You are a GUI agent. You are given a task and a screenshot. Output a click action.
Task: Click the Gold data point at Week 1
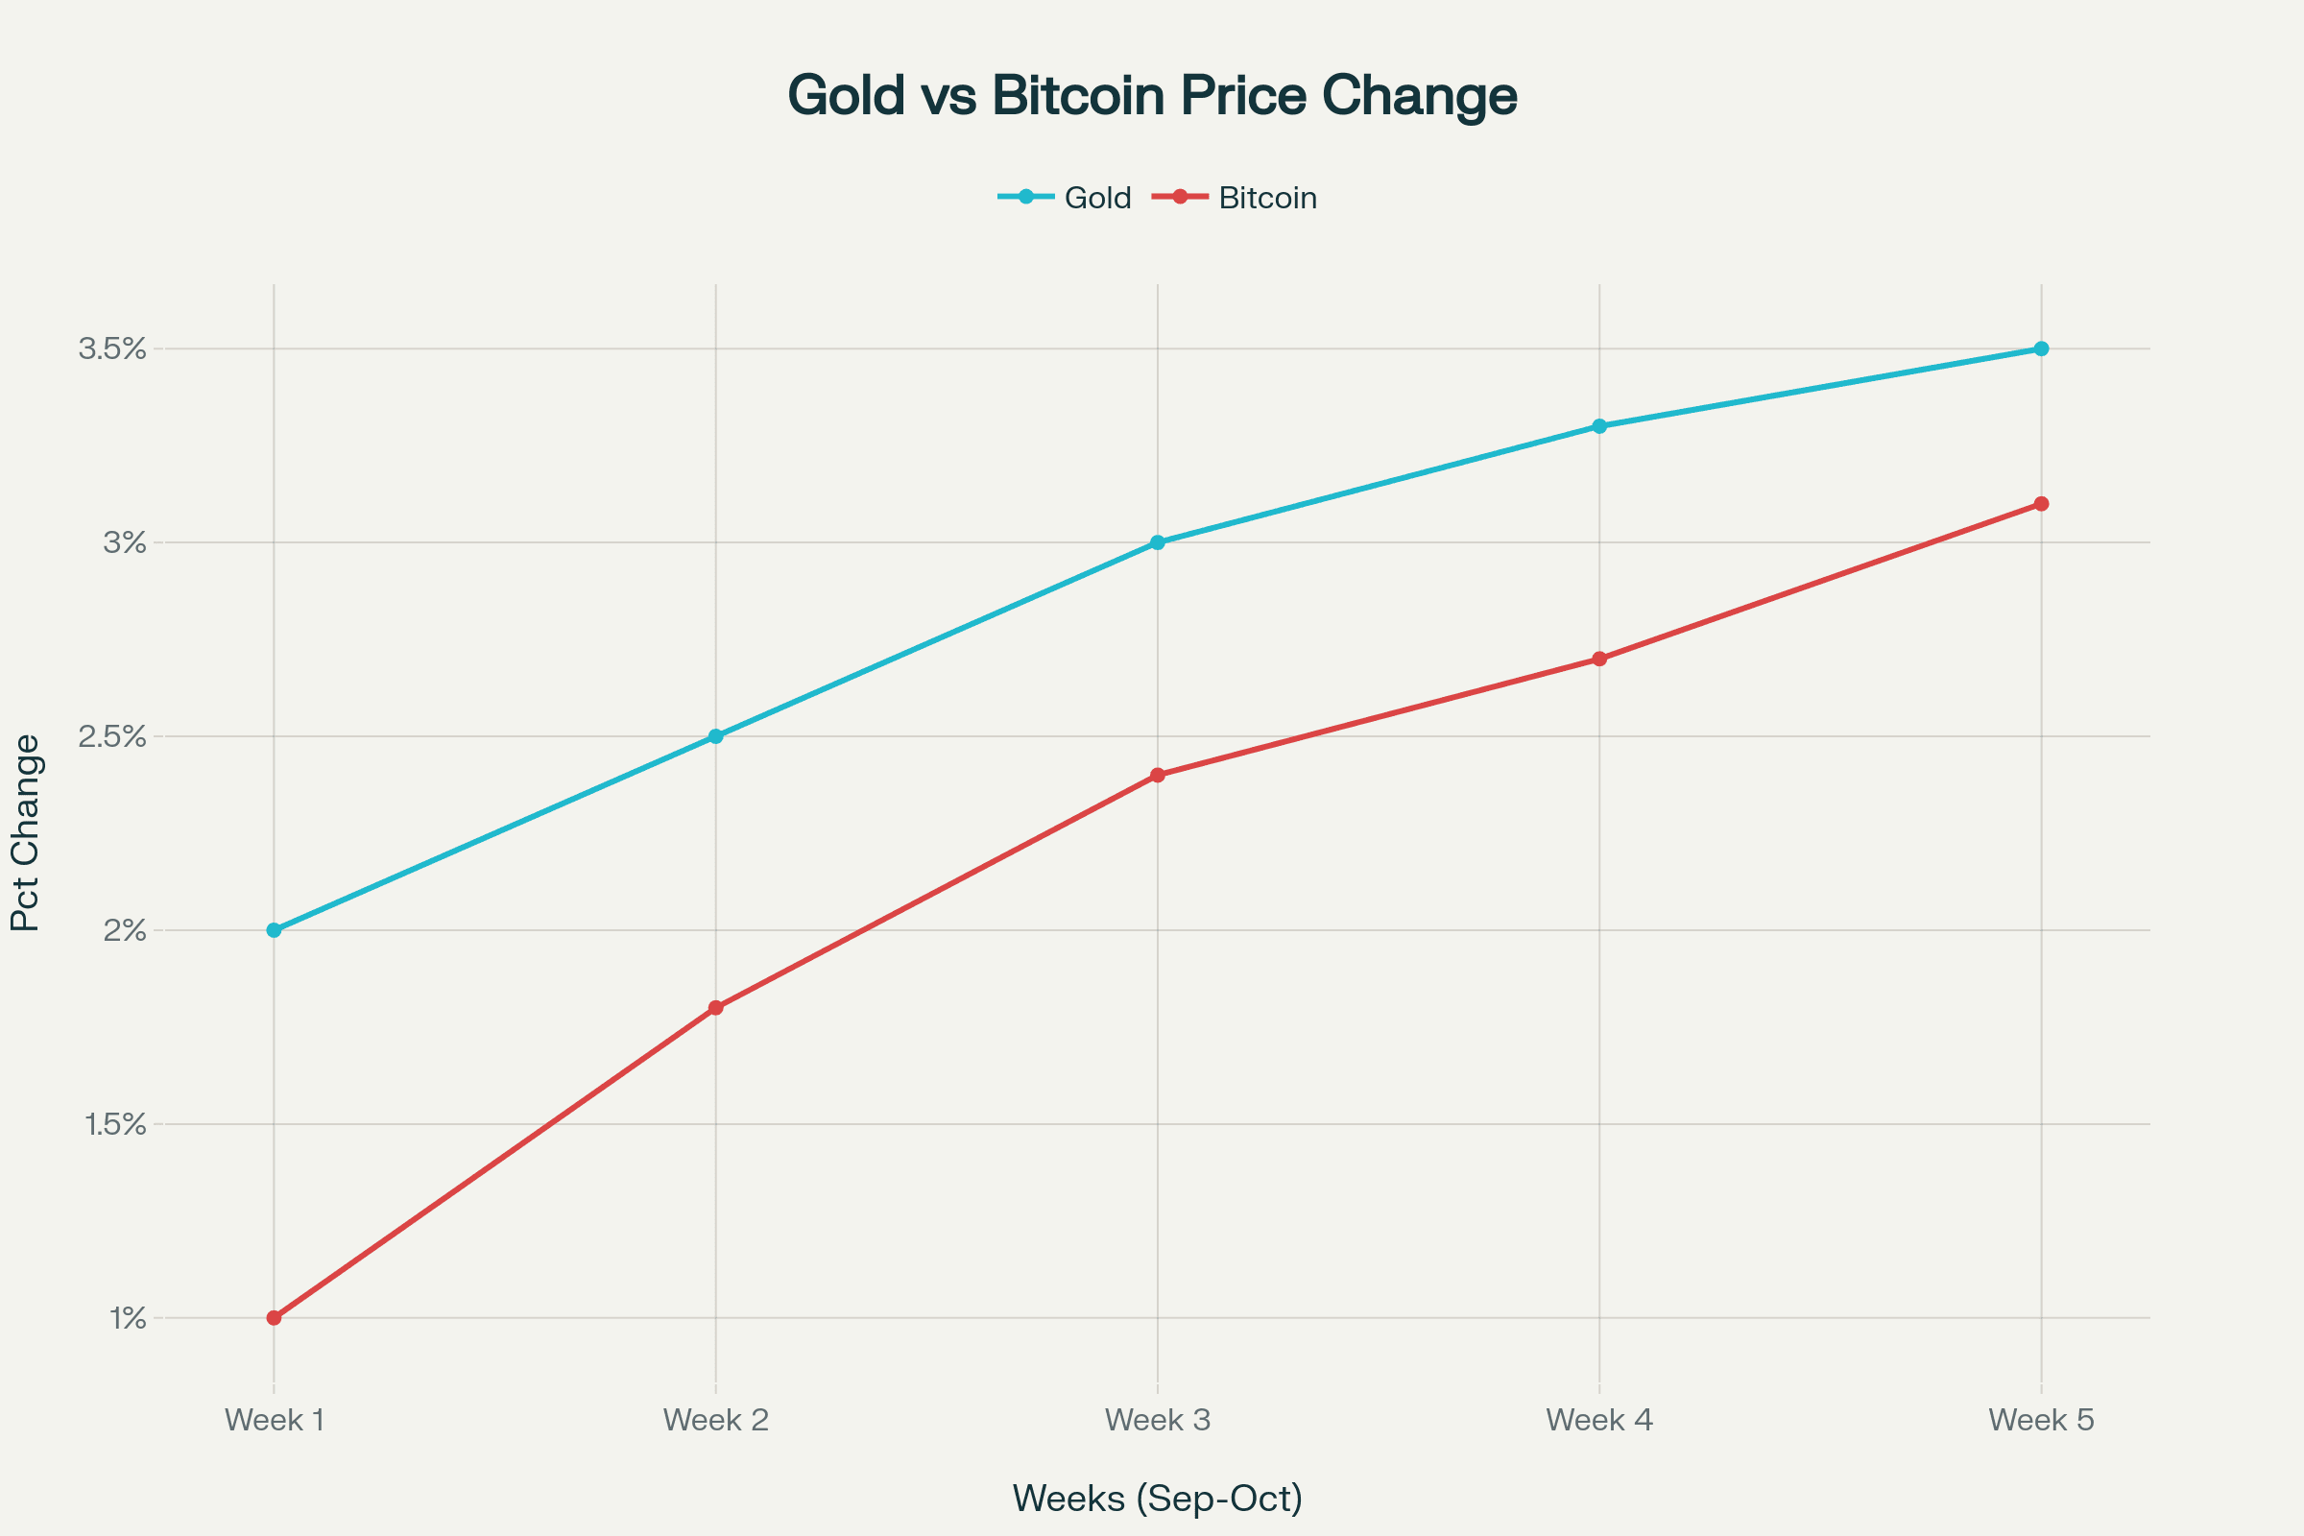(275, 929)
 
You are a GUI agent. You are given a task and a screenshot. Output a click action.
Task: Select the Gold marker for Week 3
(1157, 541)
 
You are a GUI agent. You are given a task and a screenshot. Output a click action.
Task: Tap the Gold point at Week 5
(2041, 348)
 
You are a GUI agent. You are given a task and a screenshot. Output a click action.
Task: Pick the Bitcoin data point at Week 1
(275, 1317)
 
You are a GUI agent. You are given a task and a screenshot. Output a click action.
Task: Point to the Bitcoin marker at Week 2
(716, 1007)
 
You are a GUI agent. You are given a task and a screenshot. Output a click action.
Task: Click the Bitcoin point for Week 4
(1599, 659)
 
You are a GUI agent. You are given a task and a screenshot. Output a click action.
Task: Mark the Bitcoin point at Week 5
(2041, 503)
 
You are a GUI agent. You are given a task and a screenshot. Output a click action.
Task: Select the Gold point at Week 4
(1599, 426)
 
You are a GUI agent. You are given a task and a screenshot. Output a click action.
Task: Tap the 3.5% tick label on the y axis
(112, 348)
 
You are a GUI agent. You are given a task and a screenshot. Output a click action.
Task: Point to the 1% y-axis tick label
(128, 1318)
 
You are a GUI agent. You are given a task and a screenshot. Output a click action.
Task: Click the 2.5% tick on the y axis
(112, 736)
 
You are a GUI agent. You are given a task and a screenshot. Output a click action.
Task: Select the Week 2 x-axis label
(716, 1420)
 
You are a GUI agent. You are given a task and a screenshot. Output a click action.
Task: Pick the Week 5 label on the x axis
(2041, 1420)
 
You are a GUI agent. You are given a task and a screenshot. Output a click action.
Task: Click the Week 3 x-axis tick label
(1157, 1420)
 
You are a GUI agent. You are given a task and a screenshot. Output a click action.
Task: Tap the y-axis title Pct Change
(26, 832)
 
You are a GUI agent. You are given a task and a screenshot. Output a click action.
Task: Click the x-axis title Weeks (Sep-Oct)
(1157, 1499)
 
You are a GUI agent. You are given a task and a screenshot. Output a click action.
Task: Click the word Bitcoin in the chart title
(1078, 96)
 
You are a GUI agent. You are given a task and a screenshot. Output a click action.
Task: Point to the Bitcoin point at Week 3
(1157, 775)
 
